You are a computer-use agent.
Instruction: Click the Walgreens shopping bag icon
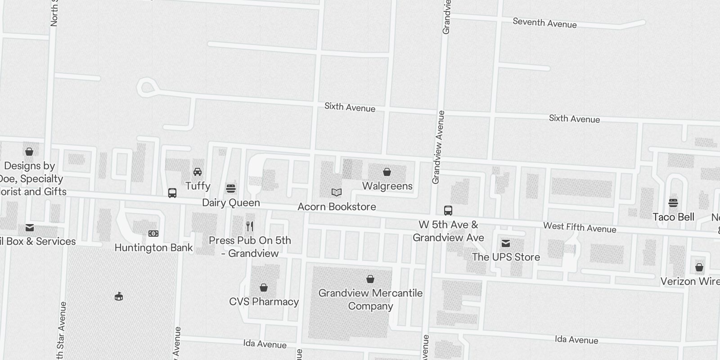tap(387, 172)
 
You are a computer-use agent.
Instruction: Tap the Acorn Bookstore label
tap(337, 207)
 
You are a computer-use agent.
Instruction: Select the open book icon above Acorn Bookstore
tap(337, 193)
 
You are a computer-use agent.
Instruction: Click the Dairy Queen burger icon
tap(231, 188)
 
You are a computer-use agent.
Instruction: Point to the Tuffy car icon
tap(198, 171)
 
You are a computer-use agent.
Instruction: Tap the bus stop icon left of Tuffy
tap(172, 193)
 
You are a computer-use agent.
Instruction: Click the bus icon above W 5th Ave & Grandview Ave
tap(448, 210)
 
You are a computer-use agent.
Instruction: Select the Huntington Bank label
tap(153, 247)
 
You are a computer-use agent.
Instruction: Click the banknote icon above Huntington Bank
tap(153, 234)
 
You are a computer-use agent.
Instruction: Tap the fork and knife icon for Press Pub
tap(250, 226)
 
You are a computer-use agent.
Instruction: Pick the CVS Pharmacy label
tap(264, 301)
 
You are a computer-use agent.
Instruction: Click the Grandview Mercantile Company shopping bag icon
tap(370, 279)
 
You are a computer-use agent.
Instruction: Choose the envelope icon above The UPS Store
tap(506, 243)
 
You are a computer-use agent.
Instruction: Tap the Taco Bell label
tap(673, 217)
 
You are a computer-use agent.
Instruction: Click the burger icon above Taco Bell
tap(673, 203)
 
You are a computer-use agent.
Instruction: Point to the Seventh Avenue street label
tap(544, 23)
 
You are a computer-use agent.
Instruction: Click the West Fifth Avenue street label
tap(580, 227)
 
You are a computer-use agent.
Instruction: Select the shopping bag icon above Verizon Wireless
tap(699, 267)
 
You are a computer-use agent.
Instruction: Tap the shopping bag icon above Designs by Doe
tap(29, 152)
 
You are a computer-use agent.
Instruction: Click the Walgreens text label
tap(387, 186)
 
